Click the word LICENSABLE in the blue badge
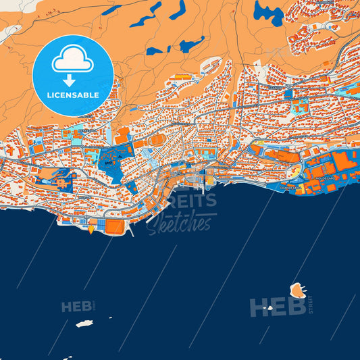tap(72, 95)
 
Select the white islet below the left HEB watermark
tap(84, 324)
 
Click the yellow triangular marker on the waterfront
tap(91, 228)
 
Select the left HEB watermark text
tap(76, 307)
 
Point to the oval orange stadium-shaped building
tap(156, 139)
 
